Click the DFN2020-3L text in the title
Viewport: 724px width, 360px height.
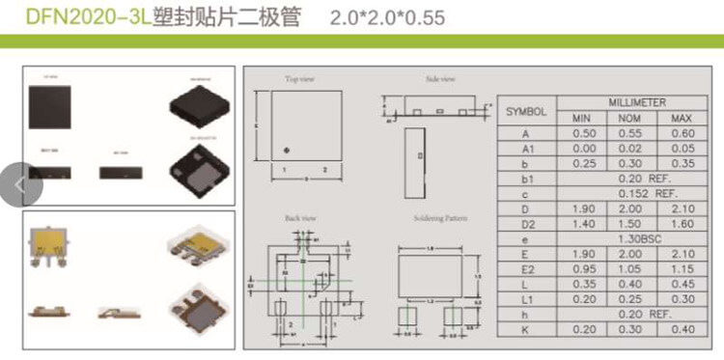[x=75, y=17]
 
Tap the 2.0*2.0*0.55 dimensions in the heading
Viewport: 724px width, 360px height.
[x=392, y=17]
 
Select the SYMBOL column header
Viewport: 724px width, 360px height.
[x=526, y=110]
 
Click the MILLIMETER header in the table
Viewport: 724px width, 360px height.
[x=636, y=101]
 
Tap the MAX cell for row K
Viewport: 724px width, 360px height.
[x=682, y=329]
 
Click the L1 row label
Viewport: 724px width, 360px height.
[x=526, y=299]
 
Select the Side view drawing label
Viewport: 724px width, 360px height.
[x=439, y=79]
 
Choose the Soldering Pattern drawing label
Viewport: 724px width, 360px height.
[x=439, y=218]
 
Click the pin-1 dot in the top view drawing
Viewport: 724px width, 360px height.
[x=288, y=149]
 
